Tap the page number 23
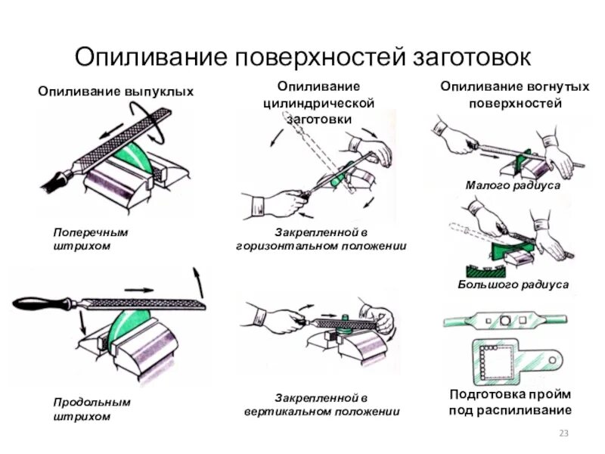563,433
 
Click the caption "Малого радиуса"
512,185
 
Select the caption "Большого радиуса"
513,284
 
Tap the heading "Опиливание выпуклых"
116,92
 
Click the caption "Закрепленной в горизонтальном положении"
321,239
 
